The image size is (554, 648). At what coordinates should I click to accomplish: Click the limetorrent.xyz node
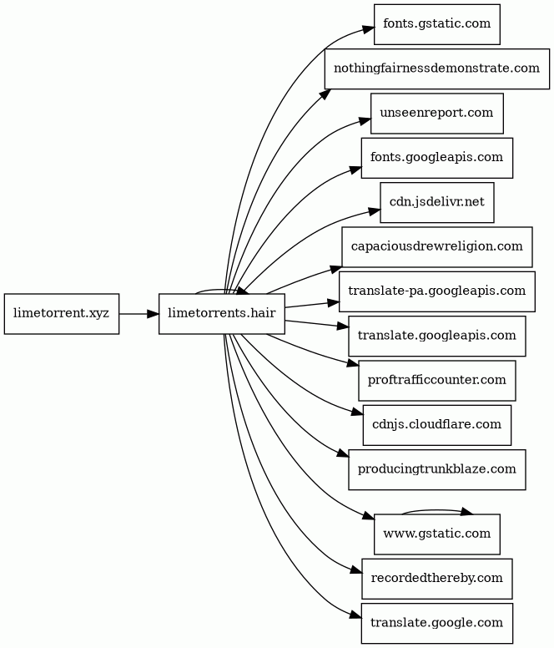(61, 314)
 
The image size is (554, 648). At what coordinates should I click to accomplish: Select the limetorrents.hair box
(222, 314)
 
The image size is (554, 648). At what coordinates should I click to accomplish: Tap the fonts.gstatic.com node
(436, 23)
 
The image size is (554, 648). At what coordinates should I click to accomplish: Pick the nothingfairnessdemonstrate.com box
(436, 68)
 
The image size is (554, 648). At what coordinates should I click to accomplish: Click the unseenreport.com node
(436, 113)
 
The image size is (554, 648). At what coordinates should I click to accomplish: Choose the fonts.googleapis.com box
(436, 157)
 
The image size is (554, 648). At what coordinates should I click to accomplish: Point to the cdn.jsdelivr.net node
(436, 202)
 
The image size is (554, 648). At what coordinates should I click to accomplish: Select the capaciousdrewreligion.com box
(436, 246)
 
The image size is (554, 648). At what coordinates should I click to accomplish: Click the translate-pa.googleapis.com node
(436, 291)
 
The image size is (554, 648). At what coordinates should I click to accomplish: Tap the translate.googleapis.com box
(436, 336)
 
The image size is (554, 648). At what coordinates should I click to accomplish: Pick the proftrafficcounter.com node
(436, 380)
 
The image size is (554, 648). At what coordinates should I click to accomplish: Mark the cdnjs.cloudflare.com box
(436, 424)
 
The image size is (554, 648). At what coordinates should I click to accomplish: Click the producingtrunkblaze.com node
(436, 469)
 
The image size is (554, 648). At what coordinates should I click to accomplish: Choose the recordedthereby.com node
(436, 578)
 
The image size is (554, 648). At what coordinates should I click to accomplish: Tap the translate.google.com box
(436, 623)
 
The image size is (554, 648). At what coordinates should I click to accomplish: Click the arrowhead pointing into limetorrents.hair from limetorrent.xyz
(154, 314)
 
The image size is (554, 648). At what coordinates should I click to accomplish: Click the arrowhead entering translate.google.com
(355, 617)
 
